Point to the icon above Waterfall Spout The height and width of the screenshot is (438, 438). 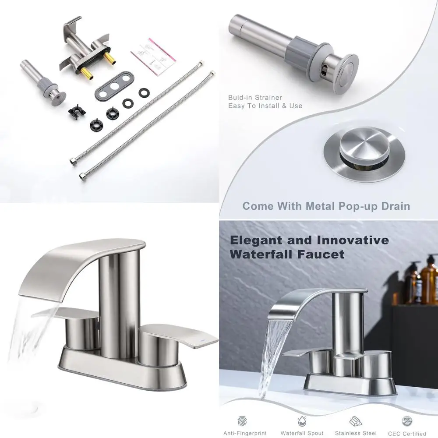pyautogui.click(x=302, y=421)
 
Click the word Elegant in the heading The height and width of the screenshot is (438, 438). pyautogui.click(x=259, y=240)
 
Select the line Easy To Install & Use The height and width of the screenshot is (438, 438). pyautogui.click(x=265, y=106)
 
